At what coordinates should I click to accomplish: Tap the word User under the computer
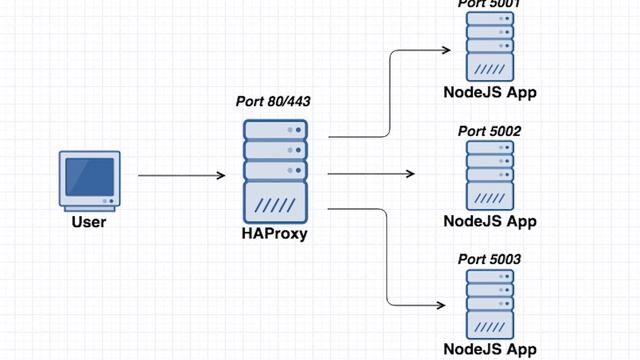point(89,222)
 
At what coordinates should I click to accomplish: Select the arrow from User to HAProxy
point(180,176)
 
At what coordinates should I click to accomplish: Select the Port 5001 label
point(490,4)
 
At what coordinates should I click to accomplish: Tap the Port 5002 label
point(490,131)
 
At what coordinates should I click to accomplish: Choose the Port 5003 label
point(490,260)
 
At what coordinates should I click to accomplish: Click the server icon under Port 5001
point(490,48)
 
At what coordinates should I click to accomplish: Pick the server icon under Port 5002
point(490,175)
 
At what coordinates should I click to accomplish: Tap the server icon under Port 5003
point(490,304)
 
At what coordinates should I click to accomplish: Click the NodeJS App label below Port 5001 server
point(490,93)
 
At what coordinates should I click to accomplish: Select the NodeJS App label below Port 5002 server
point(490,221)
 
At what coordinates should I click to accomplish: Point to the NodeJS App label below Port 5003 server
point(490,349)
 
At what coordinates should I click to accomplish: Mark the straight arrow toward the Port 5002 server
point(370,174)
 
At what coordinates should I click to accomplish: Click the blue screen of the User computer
point(88,176)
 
